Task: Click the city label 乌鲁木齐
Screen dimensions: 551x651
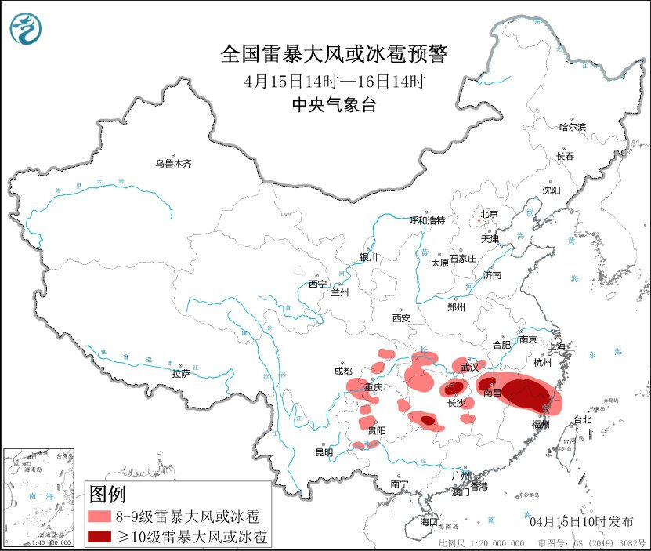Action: (x=173, y=164)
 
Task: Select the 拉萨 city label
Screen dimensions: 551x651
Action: (x=181, y=374)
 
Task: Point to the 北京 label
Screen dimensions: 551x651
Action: (x=489, y=214)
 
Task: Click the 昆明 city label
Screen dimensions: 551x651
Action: (x=324, y=452)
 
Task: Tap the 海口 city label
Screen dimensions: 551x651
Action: (x=429, y=521)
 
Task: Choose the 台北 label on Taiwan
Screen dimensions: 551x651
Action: (x=582, y=419)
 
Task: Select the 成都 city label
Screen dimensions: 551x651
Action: (x=342, y=371)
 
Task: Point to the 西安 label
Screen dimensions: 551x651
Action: (x=401, y=318)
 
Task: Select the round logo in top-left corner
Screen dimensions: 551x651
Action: (x=26, y=29)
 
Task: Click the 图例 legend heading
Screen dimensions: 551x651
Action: (x=107, y=495)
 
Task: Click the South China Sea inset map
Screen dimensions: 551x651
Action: (x=39, y=497)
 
